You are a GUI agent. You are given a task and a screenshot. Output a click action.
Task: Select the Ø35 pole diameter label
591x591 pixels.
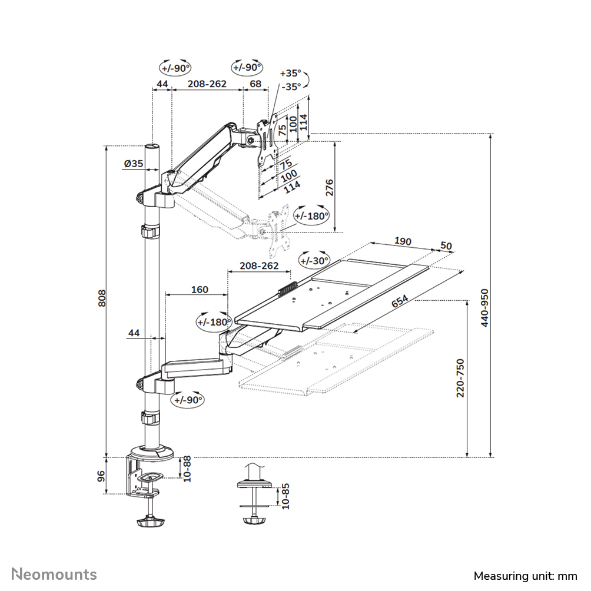pos(134,164)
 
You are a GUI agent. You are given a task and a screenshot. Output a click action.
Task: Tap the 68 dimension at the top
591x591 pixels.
pos(255,84)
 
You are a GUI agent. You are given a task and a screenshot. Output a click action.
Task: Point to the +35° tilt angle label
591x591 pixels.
pos(290,74)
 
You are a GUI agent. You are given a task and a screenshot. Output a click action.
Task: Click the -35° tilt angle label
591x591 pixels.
pos(290,86)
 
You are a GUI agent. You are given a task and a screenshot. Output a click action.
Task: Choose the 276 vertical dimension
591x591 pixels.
pos(330,188)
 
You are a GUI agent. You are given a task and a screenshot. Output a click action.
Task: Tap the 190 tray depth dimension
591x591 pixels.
pos(403,241)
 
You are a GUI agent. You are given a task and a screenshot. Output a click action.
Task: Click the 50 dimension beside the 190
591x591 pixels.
pos(446,245)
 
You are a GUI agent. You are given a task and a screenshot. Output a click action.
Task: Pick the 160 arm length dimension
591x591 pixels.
pos(200,289)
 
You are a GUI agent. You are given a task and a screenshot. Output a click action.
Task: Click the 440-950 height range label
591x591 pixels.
pos(484,308)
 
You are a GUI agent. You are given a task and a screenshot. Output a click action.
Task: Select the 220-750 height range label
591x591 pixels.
pos(461,377)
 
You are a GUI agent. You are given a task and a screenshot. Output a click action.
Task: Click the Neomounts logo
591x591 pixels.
pos(55,574)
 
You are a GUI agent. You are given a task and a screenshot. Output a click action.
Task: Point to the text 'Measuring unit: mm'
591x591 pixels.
pos(525,575)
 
